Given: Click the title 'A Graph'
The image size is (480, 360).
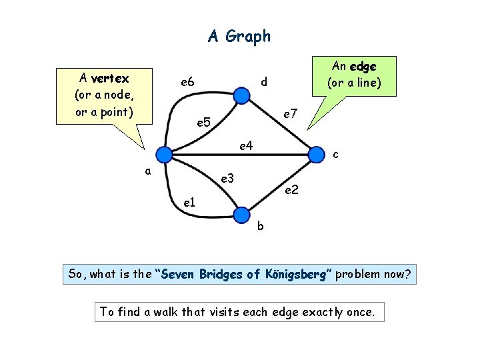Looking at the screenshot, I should click(239, 36).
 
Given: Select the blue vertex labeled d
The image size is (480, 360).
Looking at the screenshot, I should click(242, 97).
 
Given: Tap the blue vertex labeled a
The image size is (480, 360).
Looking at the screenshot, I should click(163, 155).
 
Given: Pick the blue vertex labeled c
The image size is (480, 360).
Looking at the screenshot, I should click(316, 155).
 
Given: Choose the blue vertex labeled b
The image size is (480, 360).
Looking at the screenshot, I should click(241, 213).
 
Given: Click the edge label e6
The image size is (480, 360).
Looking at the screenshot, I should click(186, 82).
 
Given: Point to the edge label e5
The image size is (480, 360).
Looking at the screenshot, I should click(203, 123).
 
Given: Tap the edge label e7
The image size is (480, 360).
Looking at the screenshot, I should click(289, 115).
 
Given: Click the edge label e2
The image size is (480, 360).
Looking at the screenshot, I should click(291, 191).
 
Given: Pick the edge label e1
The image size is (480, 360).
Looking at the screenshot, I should click(189, 202).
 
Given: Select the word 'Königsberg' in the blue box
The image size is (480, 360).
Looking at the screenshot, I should click(293, 274).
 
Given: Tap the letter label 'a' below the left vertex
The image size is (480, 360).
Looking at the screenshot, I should click(148, 171).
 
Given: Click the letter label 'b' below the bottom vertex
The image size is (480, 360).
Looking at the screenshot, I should click(261, 225).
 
